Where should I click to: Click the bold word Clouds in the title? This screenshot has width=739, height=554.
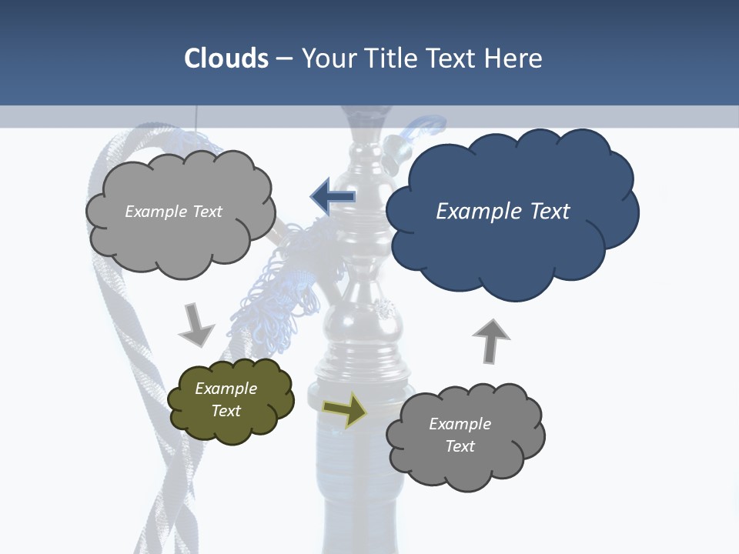pos(226,58)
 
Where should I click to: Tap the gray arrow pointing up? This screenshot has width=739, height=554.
pos(491,340)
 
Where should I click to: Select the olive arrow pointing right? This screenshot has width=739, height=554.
pos(344,410)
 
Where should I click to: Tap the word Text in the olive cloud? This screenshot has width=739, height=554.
pos(226,411)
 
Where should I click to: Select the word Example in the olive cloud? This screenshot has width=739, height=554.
pos(226,389)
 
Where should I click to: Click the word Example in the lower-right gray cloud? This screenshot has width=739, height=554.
pos(460,424)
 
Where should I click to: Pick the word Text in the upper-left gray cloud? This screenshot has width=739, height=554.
pos(206,212)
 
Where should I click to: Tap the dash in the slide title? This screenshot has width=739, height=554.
pos(284,58)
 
